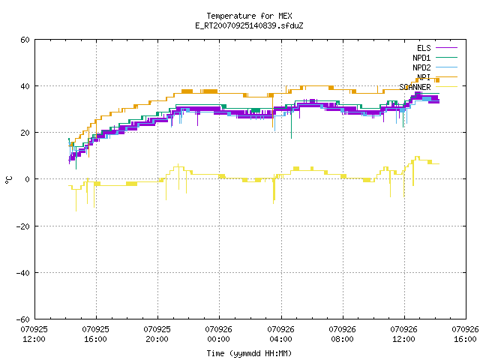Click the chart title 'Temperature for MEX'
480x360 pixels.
coord(249,16)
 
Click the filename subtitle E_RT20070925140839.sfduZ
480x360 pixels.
coord(249,25)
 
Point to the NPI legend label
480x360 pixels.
coord(424,77)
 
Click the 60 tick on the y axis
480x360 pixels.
coord(25,40)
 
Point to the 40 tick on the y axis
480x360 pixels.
coord(25,86)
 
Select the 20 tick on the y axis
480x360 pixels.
coord(25,133)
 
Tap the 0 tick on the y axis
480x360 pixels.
coord(28,179)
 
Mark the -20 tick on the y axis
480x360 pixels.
coord(23,226)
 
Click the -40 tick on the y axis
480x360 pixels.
coord(23,273)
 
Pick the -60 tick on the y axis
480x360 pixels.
coord(23,319)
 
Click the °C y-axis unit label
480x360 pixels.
coord(8,180)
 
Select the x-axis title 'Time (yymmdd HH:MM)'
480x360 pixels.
coord(249,353)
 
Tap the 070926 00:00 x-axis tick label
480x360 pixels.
coord(218,334)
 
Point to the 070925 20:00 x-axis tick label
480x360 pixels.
coord(157,334)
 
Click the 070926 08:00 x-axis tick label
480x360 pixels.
coord(342,334)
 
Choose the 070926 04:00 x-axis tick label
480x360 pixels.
coord(280,334)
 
